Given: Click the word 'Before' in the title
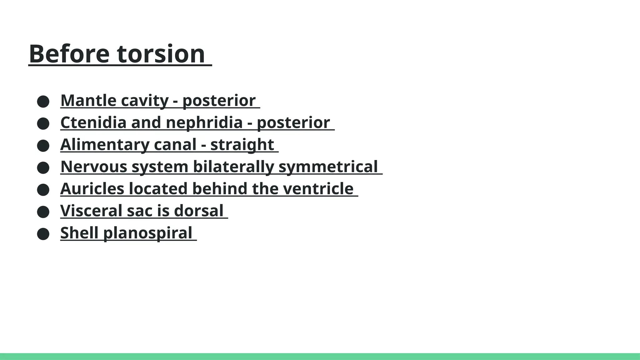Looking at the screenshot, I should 69,54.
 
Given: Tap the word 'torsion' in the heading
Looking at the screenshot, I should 161,54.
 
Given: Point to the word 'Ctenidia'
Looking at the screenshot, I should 93,122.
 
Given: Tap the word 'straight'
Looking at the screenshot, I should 242,145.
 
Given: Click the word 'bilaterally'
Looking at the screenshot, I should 233,167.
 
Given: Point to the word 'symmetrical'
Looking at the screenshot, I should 328,167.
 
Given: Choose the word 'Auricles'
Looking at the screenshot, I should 92,189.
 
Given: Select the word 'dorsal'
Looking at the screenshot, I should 199,211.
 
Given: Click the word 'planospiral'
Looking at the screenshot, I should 147,233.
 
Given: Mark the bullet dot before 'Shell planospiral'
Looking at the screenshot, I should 43,234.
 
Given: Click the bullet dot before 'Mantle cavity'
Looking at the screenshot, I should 43,102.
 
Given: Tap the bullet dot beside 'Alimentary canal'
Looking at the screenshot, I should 43,146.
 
